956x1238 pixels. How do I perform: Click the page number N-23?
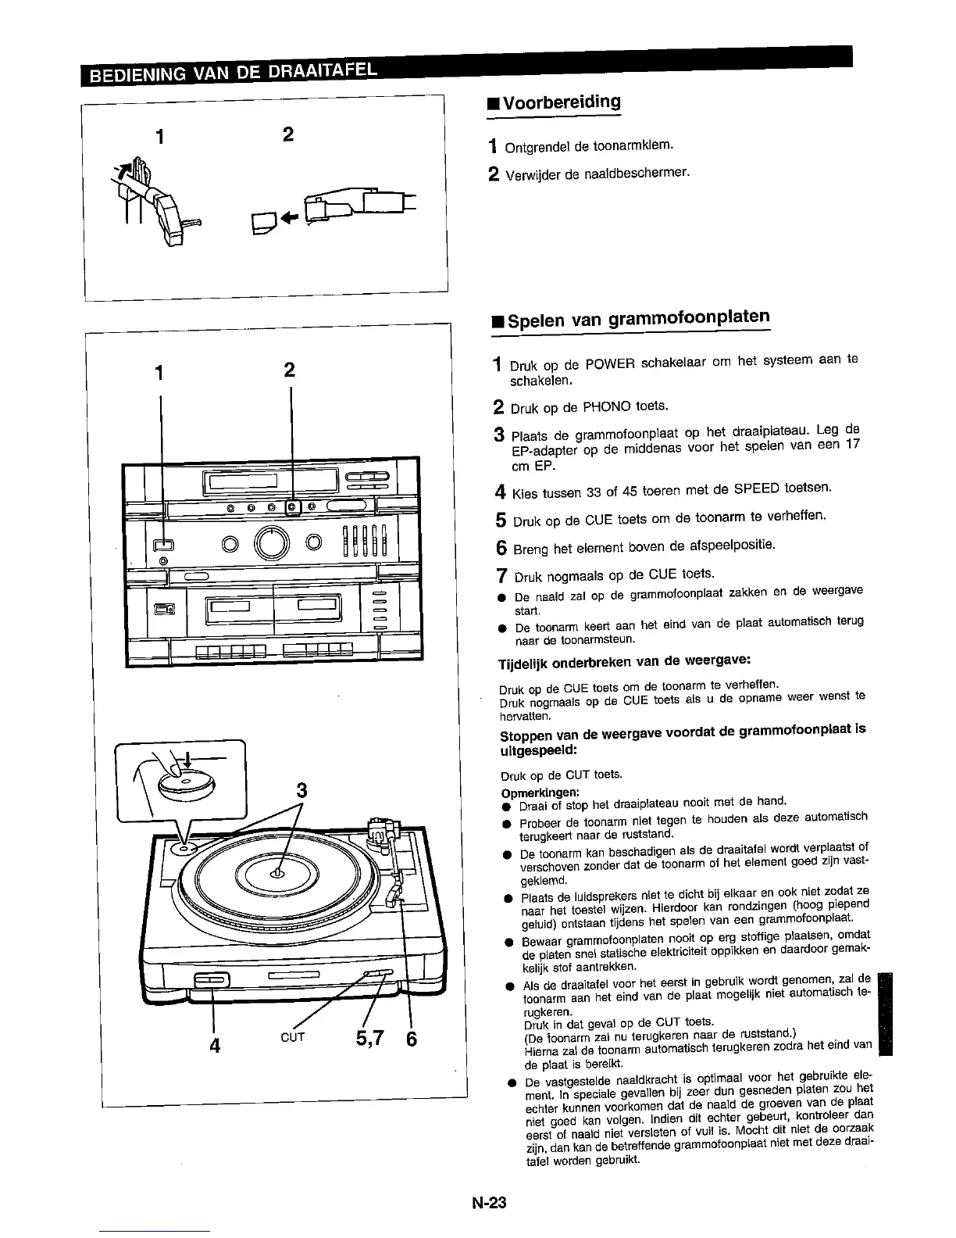coord(489,1203)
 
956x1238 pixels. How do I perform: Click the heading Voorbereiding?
coord(561,102)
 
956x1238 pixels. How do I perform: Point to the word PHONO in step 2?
coord(608,406)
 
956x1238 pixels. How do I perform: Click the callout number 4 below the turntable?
coord(214,1043)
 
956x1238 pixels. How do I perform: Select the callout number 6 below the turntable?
coord(412,1039)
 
